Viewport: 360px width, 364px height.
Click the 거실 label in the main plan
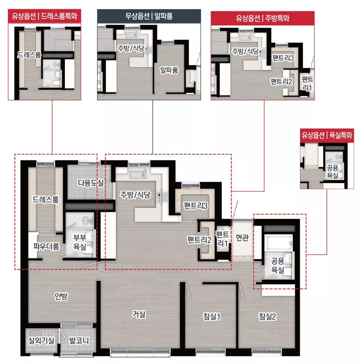point(139,314)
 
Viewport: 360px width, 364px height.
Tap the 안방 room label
point(61,296)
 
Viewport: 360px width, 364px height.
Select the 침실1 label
point(212,316)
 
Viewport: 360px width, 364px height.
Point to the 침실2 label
point(268,316)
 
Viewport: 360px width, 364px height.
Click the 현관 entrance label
point(242,237)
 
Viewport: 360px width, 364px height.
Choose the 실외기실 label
point(41,340)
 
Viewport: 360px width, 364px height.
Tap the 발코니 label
point(79,340)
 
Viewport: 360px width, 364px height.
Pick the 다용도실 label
point(91,183)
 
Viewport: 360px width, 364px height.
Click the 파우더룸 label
point(46,246)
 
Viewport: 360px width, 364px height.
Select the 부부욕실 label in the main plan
point(80,242)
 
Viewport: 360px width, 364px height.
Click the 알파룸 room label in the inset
point(169,70)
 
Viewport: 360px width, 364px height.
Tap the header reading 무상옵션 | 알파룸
point(149,16)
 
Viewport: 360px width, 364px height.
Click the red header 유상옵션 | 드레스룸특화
point(45,16)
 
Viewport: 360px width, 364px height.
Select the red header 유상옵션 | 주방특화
point(262,18)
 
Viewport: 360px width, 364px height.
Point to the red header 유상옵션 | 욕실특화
point(327,135)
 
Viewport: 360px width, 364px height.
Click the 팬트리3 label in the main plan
point(195,205)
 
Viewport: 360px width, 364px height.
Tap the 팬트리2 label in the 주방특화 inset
point(281,81)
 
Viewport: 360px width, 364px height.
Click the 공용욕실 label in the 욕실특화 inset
point(332,172)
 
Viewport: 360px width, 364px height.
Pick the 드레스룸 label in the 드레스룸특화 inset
point(29,55)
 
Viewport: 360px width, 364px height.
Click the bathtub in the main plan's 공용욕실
point(278,243)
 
